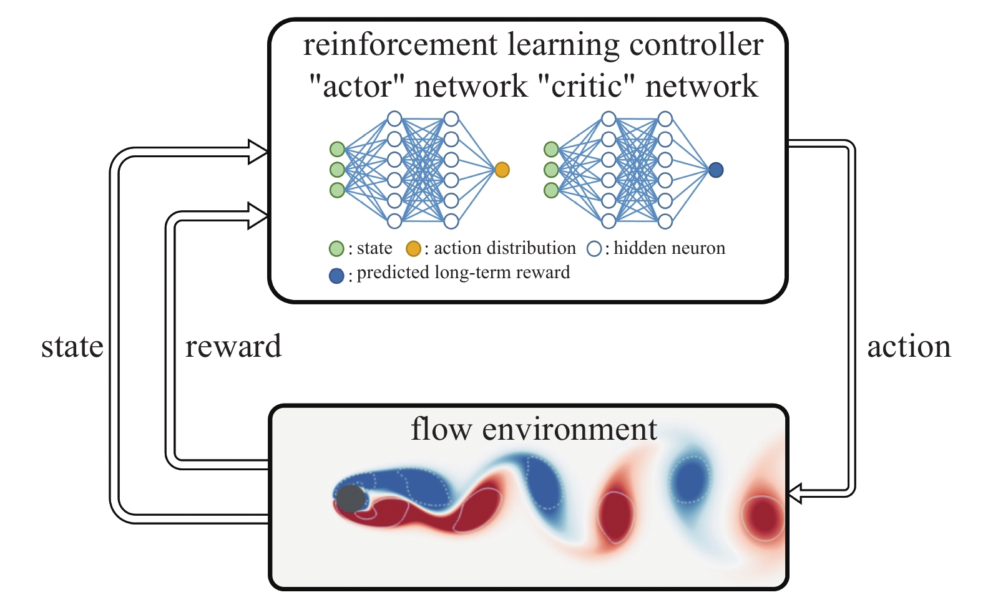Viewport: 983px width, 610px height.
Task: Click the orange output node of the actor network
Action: (502, 170)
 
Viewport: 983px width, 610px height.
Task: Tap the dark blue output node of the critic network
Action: (716, 170)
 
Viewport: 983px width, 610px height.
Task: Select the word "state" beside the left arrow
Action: (72, 347)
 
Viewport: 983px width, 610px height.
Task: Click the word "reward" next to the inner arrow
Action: (233, 347)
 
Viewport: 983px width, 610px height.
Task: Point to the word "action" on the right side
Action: (909, 347)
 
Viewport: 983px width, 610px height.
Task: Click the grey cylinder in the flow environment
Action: (351, 498)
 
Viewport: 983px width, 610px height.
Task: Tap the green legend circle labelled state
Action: (336, 249)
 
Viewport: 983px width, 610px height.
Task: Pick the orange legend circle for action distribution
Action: (413, 249)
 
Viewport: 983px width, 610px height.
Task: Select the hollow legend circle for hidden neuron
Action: (594, 249)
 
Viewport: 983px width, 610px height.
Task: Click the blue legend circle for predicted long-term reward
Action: (336, 276)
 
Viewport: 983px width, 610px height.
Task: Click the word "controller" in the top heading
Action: (696, 45)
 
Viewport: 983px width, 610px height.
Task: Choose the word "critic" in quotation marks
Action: (587, 86)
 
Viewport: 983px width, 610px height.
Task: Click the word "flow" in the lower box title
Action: (441, 429)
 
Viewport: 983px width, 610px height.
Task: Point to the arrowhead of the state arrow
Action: (258, 152)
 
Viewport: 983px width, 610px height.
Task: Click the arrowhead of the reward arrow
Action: (258, 216)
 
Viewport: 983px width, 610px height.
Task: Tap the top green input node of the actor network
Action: (337, 149)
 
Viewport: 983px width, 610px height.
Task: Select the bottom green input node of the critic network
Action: (551, 190)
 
